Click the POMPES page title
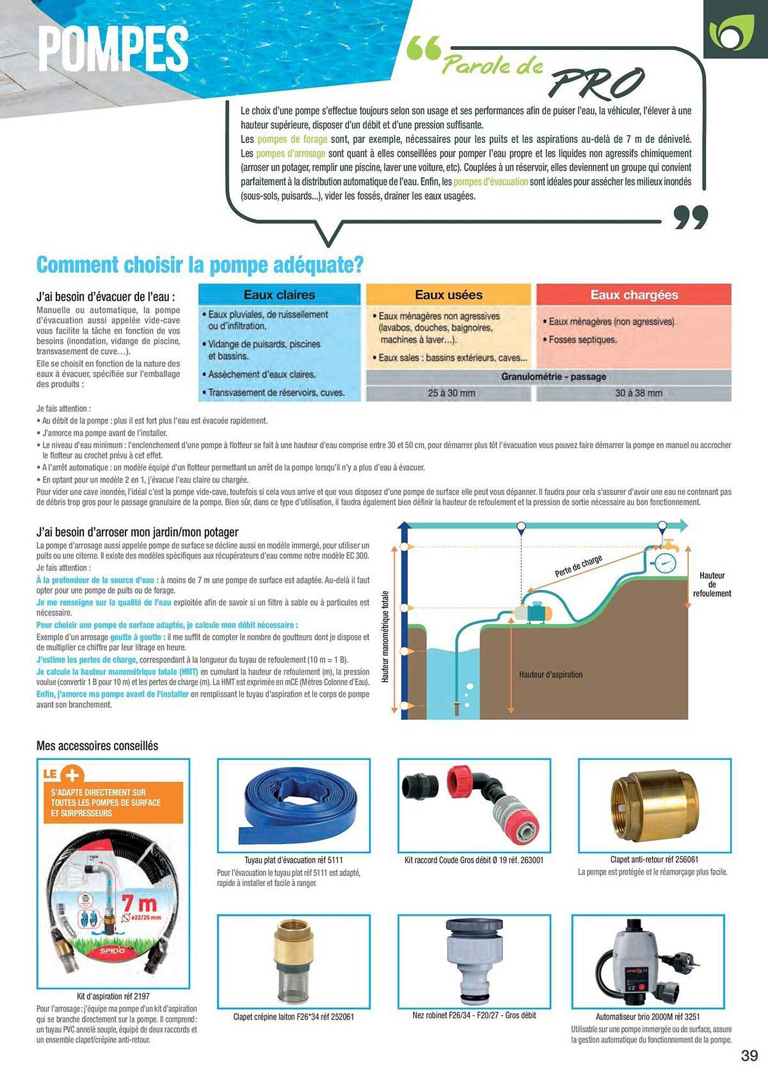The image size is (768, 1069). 113,49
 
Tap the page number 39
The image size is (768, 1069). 750,1055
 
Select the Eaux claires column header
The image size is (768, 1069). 279,295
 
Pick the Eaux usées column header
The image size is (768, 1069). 449,295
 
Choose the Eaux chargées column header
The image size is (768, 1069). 634,295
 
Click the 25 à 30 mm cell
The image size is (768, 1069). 451,393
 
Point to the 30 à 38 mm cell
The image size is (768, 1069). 638,393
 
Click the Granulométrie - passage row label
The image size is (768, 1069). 553,376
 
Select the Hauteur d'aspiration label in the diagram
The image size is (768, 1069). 550,675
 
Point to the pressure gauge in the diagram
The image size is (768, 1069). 665,563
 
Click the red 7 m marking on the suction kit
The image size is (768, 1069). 139,904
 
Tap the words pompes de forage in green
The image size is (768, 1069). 292,140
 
